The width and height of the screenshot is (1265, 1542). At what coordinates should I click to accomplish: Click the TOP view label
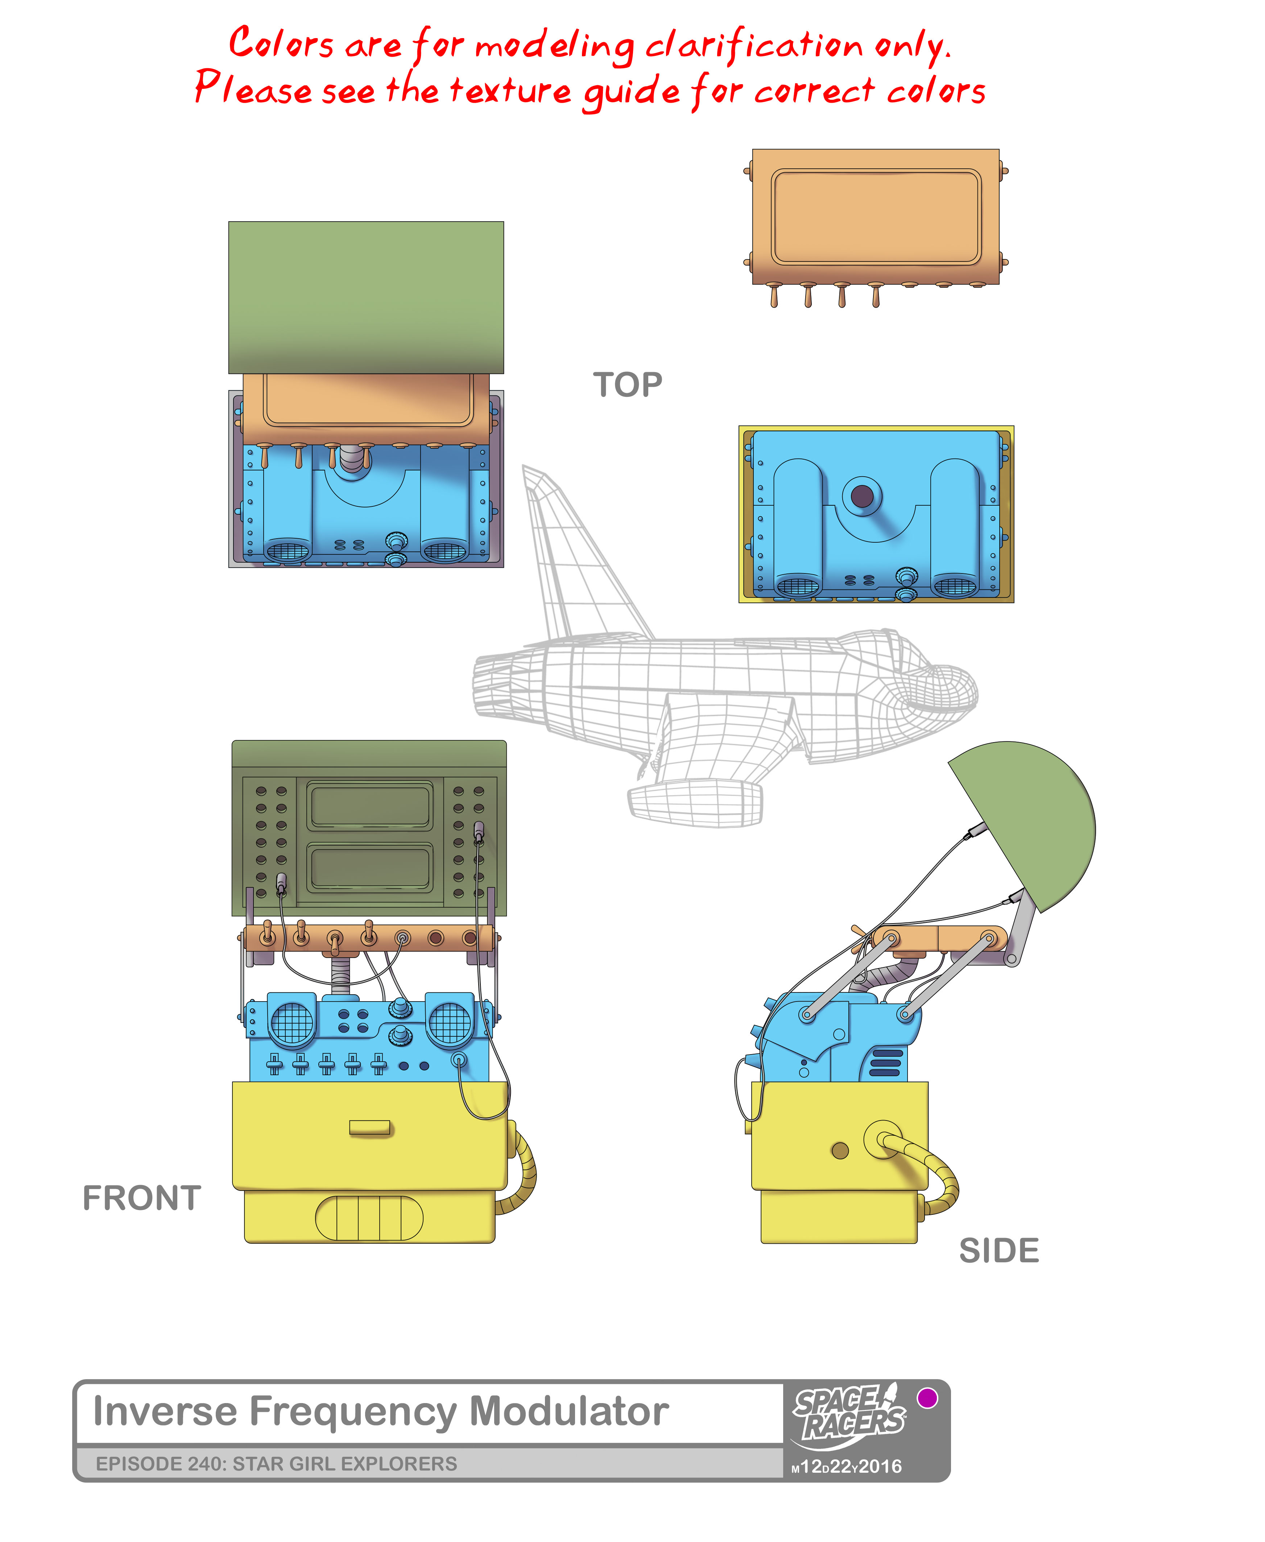tap(627, 385)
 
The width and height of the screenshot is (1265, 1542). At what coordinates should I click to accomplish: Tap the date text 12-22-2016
tap(847, 1466)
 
